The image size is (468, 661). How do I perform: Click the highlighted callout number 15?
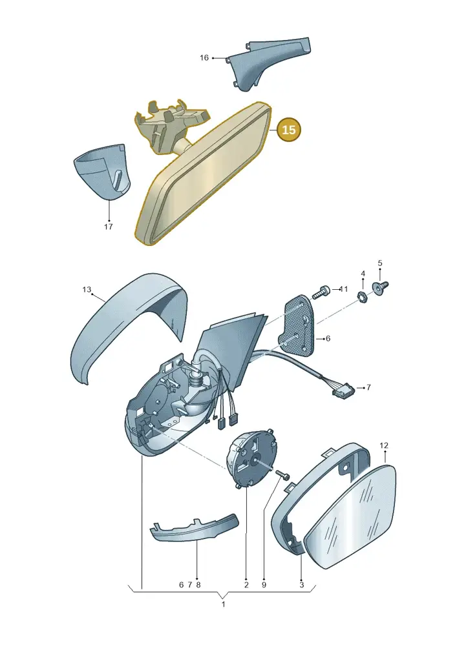point(289,129)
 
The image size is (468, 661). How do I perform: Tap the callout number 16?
point(204,57)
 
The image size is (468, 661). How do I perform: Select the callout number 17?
point(109,227)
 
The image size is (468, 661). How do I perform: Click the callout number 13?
point(87,290)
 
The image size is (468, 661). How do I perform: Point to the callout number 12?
point(383,445)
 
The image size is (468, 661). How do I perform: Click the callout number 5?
point(380,263)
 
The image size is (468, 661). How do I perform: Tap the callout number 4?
point(363,274)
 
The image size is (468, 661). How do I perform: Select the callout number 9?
point(264,585)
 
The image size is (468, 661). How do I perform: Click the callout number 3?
point(302,585)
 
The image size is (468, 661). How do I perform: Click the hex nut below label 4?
point(363,296)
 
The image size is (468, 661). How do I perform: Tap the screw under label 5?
point(380,287)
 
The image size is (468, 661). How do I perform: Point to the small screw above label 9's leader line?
point(282,474)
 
